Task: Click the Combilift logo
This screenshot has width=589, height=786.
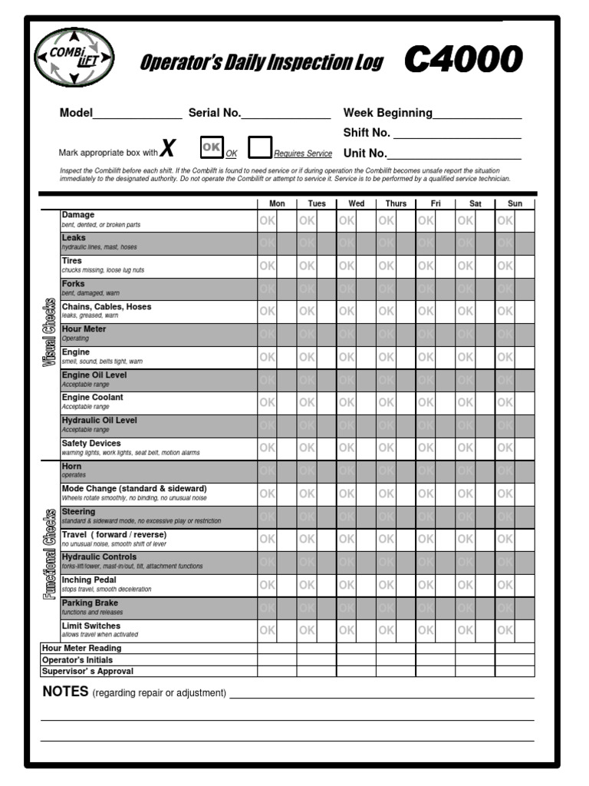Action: (x=74, y=58)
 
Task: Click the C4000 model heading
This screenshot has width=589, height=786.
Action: (x=463, y=60)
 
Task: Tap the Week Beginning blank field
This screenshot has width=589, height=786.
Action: (x=477, y=114)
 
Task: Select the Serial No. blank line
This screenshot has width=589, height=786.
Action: (x=286, y=114)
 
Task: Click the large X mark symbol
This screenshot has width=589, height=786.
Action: (x=169, y=148)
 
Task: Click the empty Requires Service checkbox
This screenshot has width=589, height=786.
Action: (x=260, y=147)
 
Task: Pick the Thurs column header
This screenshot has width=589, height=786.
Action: (x=396, y=203)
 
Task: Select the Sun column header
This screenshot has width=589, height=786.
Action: (x=515, y=203)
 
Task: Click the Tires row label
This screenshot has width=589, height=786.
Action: (x=71, y=261)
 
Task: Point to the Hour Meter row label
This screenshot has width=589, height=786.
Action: (x=84, y=329)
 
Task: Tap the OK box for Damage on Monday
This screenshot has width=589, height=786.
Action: (x=267, y=220)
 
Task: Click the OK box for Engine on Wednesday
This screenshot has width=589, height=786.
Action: (x=347, y=357)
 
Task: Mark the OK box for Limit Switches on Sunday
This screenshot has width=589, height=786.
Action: (x=505, y=630)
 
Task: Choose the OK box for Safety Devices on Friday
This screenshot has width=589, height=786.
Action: (x=426, y=447)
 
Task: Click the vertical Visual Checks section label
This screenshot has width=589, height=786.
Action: (x=49, y=332)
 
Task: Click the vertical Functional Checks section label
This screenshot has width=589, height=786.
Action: (x=49, y=556)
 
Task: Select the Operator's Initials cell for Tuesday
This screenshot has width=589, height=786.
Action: (x=316, y=660)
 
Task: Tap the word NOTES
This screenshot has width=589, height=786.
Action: (x=65, y=692)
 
